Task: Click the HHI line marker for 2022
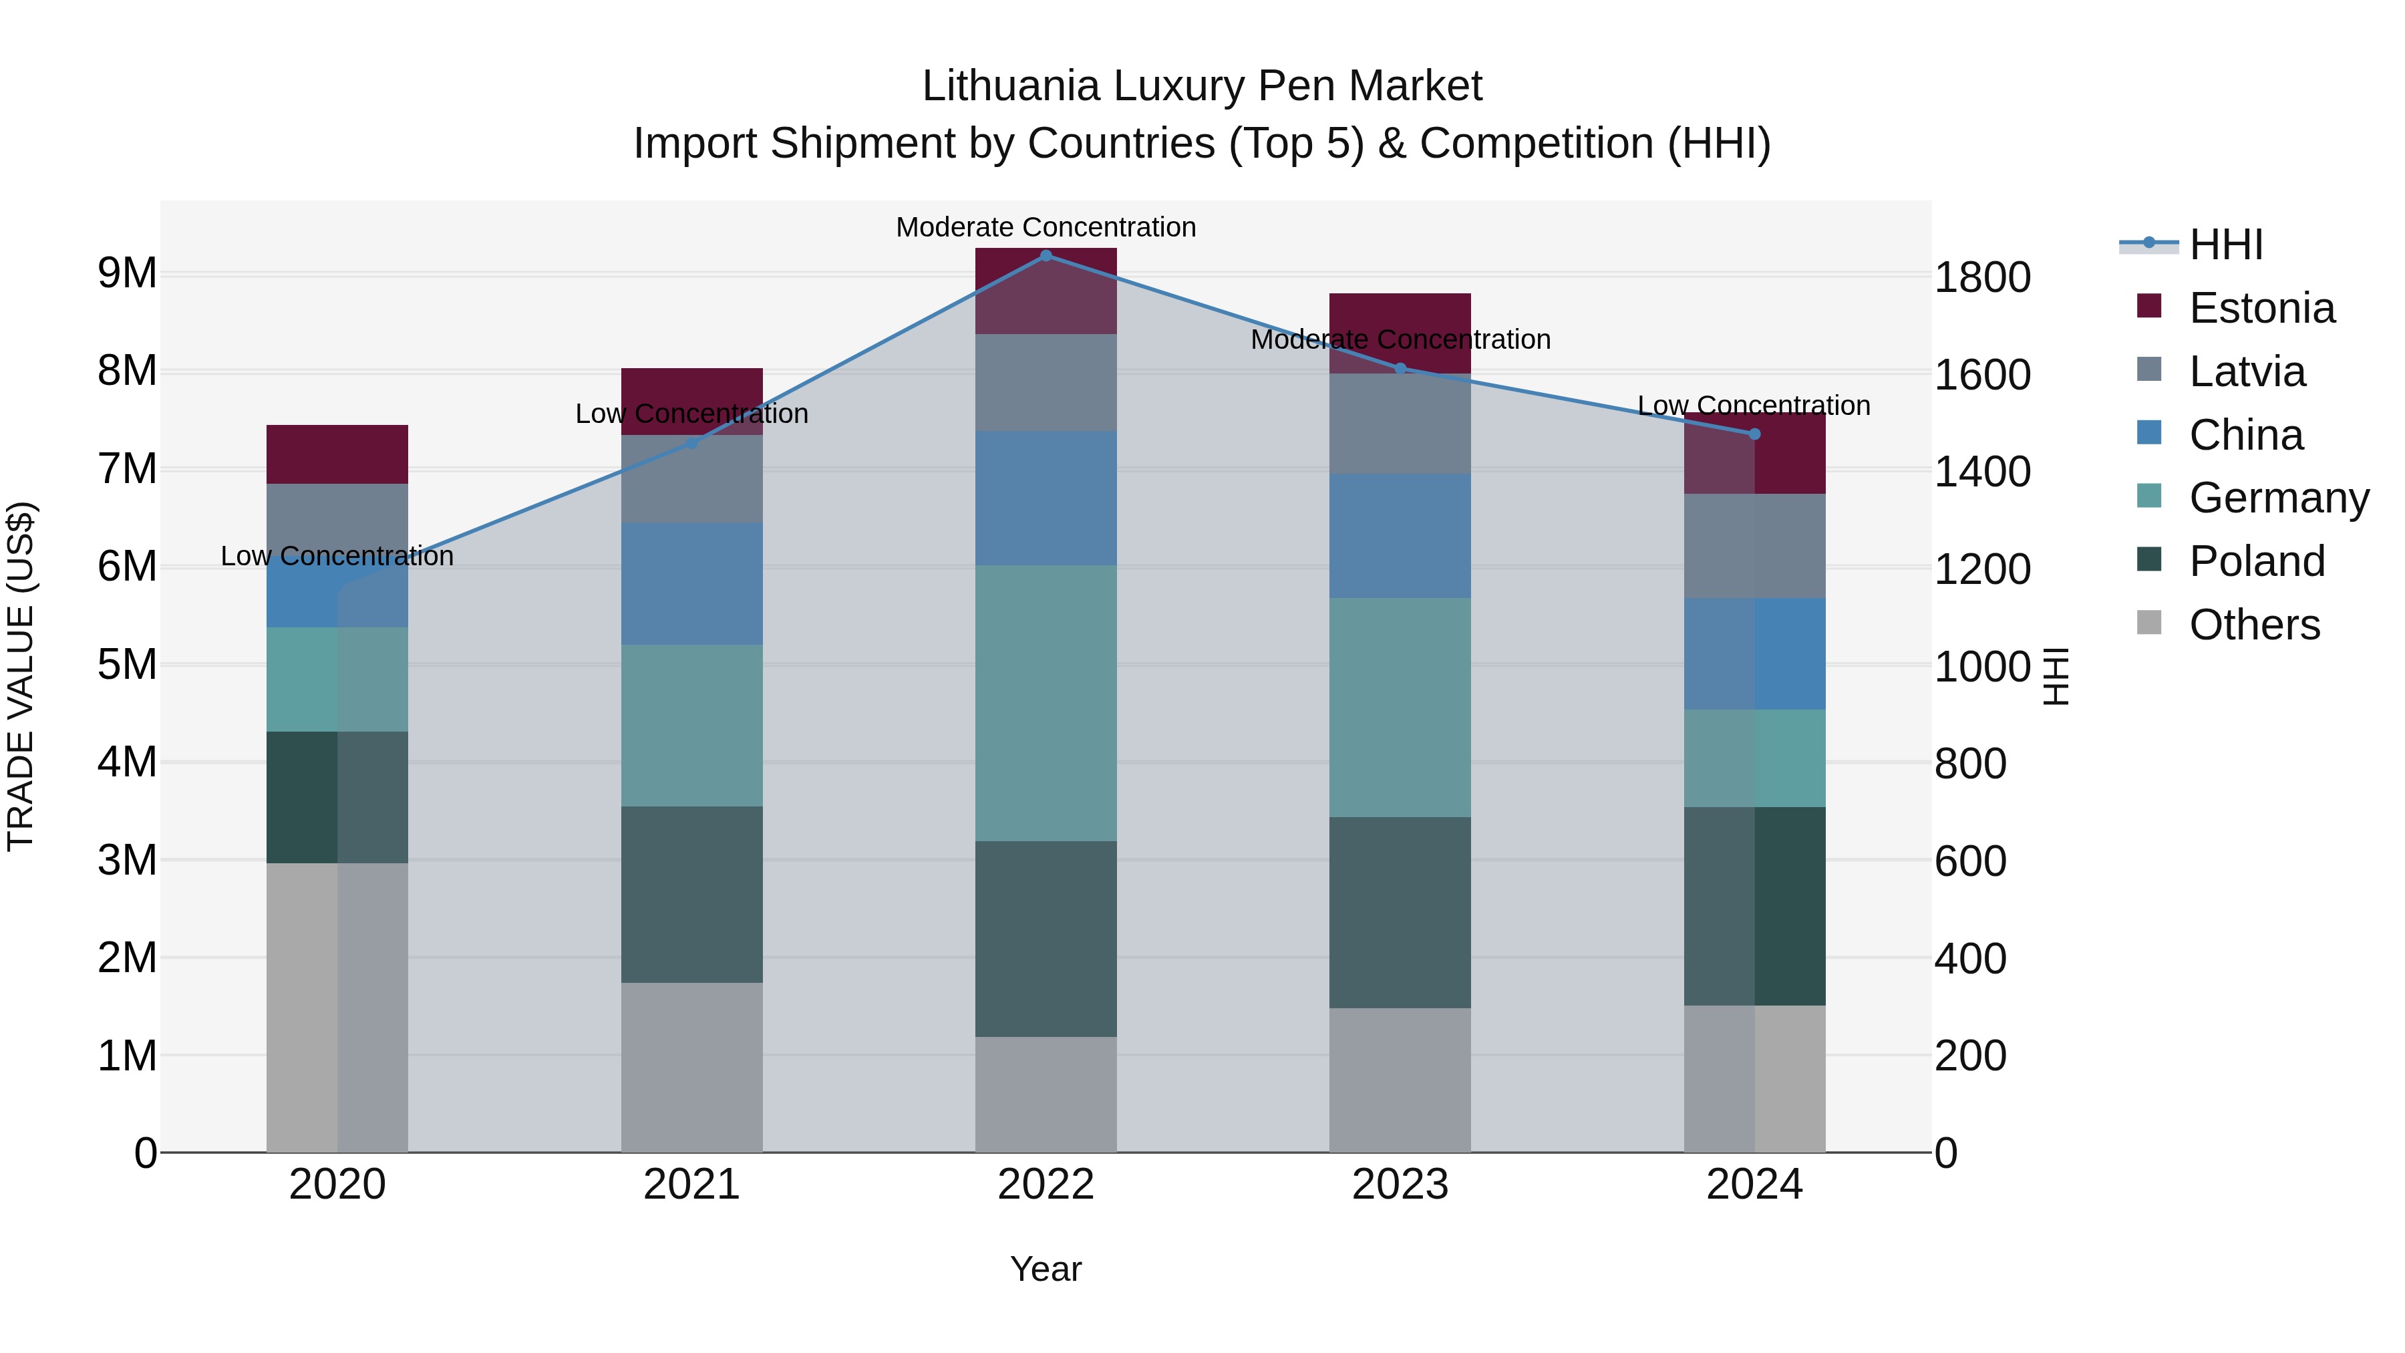pos(1046,255)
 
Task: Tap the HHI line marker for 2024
pos(1754,434)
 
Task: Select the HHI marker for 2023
pos(1400,369)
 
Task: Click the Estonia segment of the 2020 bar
pos(337,455)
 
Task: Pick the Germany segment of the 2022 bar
pos(1046,703)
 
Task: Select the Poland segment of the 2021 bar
pos(692,895)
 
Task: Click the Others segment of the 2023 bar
pos(1400,1080)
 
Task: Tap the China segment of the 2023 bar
pos(1400,536)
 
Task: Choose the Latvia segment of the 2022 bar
pos(1046,383)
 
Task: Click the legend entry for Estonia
pos(2261,308)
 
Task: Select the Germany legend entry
pos(2278,498)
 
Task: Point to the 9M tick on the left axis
pos(127,273)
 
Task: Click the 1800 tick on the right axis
pos(1982,277)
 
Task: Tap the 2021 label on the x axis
pos(692,1185)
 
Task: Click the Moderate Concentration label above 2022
pos(1046,227)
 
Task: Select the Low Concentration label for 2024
pos(1754,406)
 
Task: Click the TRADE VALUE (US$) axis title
pos(21,676)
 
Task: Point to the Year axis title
pos(1046,1269)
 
